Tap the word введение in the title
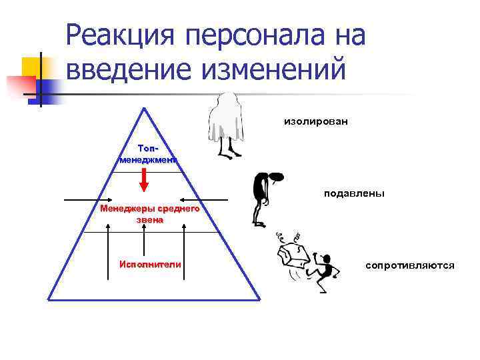(x=127, y=69)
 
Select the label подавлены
(x=354, y=193)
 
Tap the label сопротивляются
(x=410, y=265)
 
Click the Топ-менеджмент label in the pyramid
(x=149, y=153)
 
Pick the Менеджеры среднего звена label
(x=150, y=213)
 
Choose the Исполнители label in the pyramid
(x=150, y=264)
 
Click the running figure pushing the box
(x=323, y=270)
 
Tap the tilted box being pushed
(x=293, y=257)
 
